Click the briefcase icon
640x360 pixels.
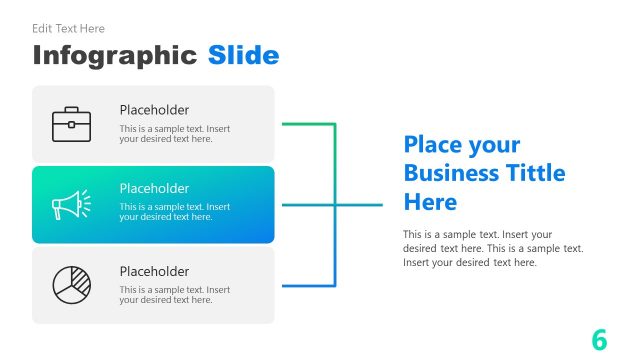click(x=71, y=124)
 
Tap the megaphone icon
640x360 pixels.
click(x=71, y=205)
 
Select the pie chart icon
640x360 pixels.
click(x=71, y=285)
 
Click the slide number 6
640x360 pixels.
click(x=599, y=339)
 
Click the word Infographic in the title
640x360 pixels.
click(x=114, y=55)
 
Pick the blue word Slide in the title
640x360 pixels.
click(x=243, y=55)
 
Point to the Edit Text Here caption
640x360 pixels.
click(x=68, y=29)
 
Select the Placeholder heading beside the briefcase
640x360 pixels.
click(x=154, y=110)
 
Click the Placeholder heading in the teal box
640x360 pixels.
click(x=154, y=188)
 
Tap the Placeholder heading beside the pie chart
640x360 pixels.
click(x=154, y=271)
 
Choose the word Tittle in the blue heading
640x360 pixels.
click(x=535, y=173)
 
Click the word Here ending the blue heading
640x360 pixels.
click(x=430, y=202)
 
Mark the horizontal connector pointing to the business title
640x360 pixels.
click(x=360, y=205)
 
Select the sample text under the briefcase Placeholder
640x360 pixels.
click(x=174, y=134)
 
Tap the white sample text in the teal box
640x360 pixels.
click(x=174, y=212)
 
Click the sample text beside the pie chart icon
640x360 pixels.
click(x=174, y=295)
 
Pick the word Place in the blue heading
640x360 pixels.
click(x=433, y=144)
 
